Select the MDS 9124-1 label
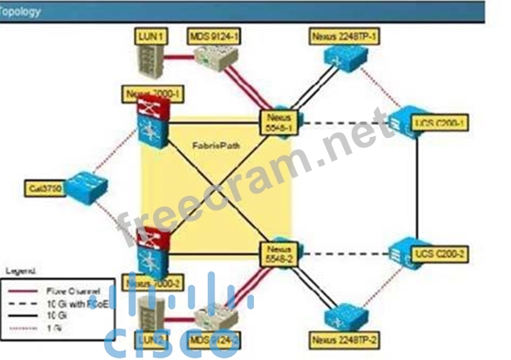click(x=214, y=36)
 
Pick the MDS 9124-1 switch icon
click(x=213, y=58)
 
